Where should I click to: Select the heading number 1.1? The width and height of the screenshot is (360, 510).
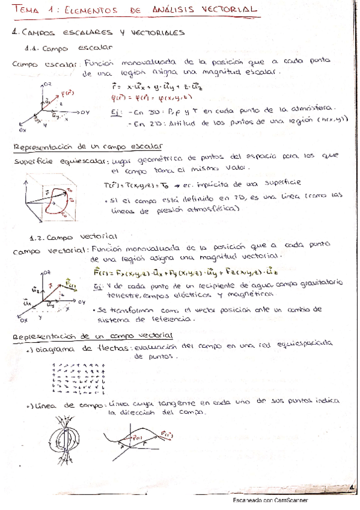coord(32,49)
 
